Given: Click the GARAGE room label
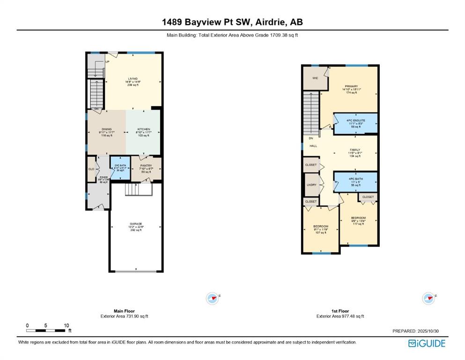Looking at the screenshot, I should point(136,224).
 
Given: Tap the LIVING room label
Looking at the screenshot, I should point(133,79).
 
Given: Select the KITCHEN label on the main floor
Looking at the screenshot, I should point(143,129).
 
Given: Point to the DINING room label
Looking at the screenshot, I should point(107,129).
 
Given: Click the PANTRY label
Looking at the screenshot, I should point(146,165).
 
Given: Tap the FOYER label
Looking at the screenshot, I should point(103,178).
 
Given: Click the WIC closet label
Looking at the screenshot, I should point(315,78).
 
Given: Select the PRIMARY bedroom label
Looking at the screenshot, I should point(351,86).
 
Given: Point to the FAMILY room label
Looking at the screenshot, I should point(355,150).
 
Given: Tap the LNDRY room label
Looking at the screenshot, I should point(311,185).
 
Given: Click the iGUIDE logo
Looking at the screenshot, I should point(427,344).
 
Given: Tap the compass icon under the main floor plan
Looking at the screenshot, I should point(213,297).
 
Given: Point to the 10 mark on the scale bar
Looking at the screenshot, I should point(66,325).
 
